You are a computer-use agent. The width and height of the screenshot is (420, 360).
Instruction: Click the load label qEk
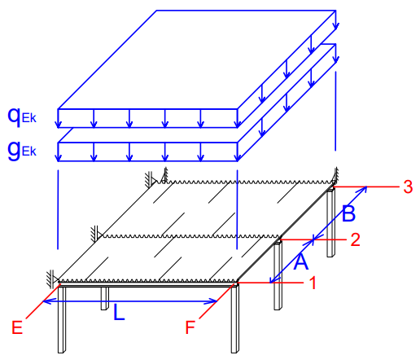coord(22,116)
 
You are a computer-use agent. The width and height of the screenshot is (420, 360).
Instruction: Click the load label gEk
coord(22,151)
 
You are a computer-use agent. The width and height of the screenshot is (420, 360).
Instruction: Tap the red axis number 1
coord(313,283)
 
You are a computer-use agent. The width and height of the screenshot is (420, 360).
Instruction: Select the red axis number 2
coord(355,239)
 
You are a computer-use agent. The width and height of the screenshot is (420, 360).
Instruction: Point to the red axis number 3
coord(408,187)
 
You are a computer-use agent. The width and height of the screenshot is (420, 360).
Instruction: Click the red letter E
coord(17,327)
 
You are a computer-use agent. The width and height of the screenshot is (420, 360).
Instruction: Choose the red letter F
coord(190,327)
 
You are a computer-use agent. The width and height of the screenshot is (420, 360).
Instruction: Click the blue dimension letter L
coord(119,313)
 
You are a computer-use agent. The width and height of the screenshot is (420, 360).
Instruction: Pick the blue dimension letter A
coord(301,261)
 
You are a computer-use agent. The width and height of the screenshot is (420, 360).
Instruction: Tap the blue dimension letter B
coord(348,213)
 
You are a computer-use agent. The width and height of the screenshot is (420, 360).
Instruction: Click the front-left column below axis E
coord(62,320)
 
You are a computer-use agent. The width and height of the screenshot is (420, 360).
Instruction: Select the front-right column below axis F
coord(235,318)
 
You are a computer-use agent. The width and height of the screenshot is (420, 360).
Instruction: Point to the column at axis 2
coord(278,274)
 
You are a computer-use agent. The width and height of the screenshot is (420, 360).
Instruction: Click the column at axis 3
coord(330,222)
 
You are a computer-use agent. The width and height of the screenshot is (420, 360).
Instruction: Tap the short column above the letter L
coord(105,298)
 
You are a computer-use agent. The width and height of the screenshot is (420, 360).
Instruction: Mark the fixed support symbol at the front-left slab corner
coord(53,279)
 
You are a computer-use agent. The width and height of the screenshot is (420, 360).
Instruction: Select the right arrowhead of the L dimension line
coord(214,301)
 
